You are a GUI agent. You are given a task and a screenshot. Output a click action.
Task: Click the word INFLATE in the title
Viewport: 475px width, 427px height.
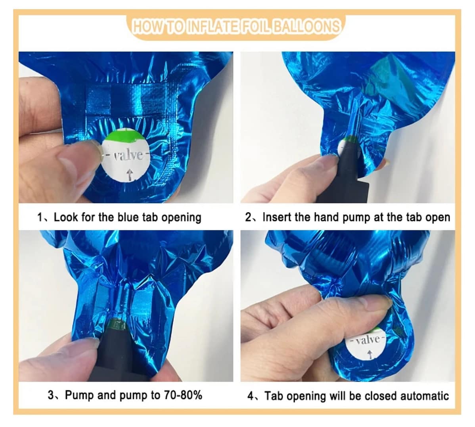211,26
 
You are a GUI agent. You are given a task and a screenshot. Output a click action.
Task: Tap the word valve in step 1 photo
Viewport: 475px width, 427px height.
128,156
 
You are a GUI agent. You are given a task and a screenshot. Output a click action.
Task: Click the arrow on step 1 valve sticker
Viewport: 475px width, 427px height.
129,175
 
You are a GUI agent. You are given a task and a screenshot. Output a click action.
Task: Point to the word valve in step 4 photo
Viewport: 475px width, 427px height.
368,340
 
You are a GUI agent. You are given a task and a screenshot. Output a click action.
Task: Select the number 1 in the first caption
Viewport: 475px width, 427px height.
40,217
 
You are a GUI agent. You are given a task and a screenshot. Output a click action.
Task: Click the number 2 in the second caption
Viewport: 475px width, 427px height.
249,217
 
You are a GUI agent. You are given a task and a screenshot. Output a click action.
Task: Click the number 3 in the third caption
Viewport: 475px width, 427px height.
51,395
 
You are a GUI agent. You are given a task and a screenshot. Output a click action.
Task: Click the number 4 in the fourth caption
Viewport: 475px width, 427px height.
251,396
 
